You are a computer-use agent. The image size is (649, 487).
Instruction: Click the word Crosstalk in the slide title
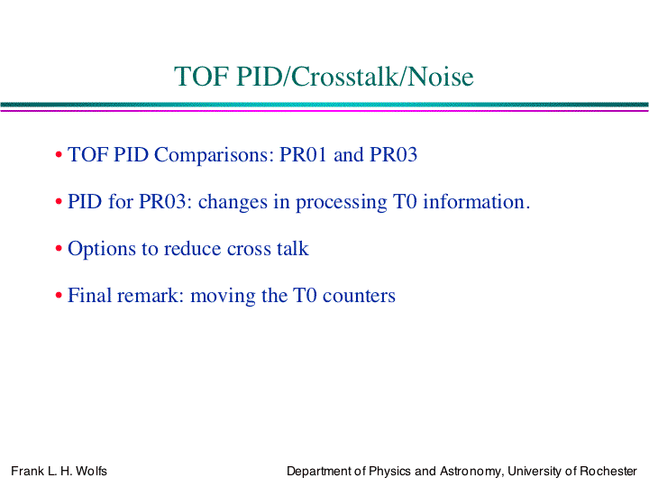click(346, 77)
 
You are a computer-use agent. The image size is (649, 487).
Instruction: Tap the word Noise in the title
click(441, 77)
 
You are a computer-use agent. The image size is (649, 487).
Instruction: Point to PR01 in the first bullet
click(304, 154)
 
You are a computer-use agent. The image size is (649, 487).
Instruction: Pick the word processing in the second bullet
click(342, 203)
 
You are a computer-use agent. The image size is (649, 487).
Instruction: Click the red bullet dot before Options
click(59, 249)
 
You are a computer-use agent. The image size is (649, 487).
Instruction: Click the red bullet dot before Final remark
click(59, 296)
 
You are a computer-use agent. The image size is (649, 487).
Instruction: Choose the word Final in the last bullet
click(87, 295)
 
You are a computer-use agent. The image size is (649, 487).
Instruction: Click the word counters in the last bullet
click(359, 296)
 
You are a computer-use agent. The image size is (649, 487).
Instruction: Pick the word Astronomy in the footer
click(471, 472)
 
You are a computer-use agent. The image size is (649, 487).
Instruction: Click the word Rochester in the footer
click(608, 472)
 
